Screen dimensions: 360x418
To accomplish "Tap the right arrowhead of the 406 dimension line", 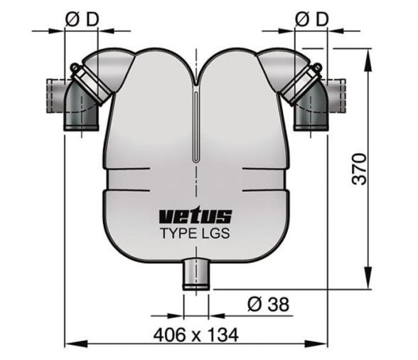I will coord(323,345).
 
